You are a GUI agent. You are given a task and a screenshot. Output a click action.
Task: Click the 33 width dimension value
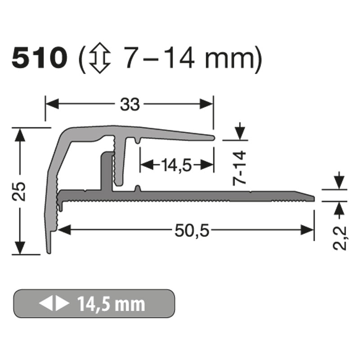coord(130,104)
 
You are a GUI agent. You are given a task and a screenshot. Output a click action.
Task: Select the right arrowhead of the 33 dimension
coord(207,104)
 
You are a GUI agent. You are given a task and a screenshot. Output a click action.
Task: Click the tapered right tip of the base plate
coord(312,196)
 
